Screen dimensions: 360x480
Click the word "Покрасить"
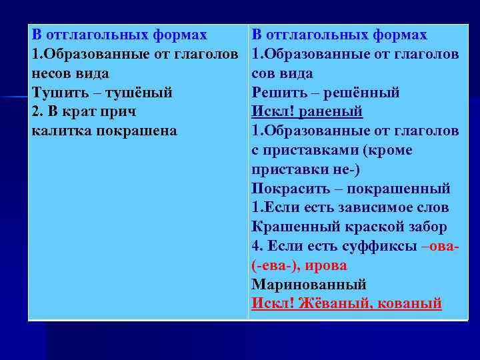coord(288,189)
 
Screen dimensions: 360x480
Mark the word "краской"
coord(372,227)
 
